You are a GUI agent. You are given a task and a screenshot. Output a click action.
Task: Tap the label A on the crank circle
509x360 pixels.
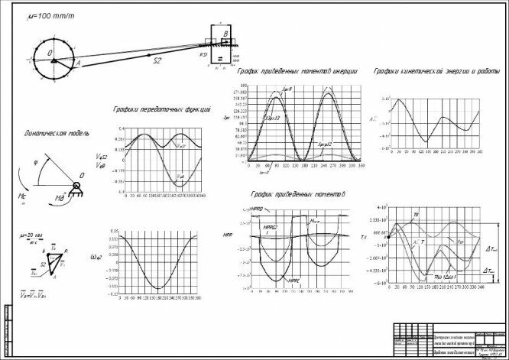pos(78,66)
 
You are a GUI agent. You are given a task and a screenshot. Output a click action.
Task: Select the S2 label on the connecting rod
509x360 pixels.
pos(157,60)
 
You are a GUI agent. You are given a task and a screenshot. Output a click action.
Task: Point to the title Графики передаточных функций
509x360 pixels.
pos(161,109)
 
